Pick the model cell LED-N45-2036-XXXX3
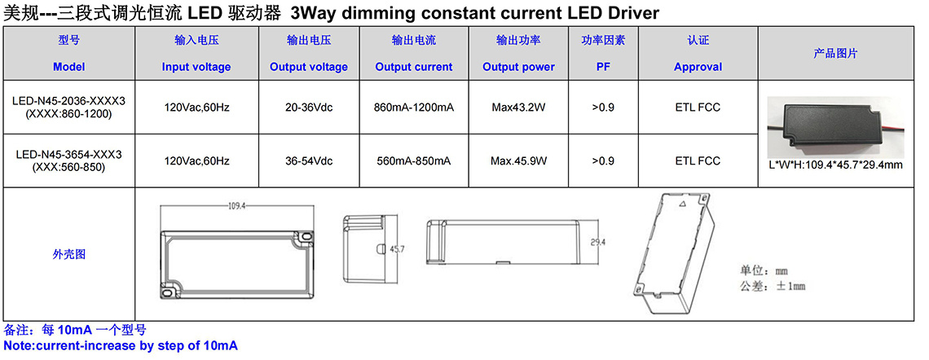point(68,108)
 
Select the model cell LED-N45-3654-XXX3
point(68,160)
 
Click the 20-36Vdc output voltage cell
point(309,108)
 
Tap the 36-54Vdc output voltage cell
point(309,160)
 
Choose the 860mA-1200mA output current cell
point(413,108)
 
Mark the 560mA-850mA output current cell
point(413,160)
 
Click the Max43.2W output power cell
point(518,108)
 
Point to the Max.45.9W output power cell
point(518,160)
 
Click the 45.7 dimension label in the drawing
point(396,249)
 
